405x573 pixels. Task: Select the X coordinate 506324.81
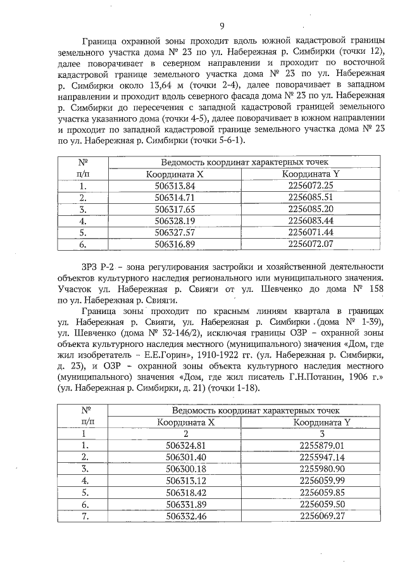[185, 445]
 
